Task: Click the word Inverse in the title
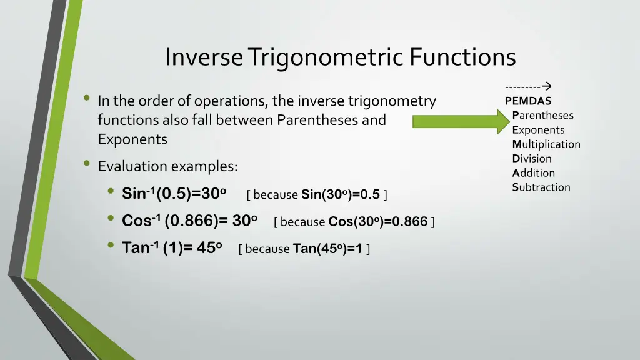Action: tap(204, 57)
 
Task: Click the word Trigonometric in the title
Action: tap(326, 57)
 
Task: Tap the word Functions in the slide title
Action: tap(463, 57)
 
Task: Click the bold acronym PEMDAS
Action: tap(528, 101)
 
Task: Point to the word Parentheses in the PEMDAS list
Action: tap(542, 115)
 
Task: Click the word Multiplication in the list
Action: tap(546, 144)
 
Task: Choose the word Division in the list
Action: tap(532, 158)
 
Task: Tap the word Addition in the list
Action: tap(534, 172)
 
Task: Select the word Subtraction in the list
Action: tap(541, 187)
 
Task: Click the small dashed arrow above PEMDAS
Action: tap(531, 87)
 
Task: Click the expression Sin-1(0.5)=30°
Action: tap(174, 194)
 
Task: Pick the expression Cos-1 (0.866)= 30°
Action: tap(189, 221)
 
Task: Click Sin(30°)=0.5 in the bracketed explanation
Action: tap(341, 194)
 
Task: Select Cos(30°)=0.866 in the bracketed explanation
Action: tap(377, 221)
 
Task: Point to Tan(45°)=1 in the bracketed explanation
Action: tap(327, 249)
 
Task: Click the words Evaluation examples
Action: tap(167, 166)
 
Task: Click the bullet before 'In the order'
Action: tap(87, 99)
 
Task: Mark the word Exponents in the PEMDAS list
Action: tap(538, 129)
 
